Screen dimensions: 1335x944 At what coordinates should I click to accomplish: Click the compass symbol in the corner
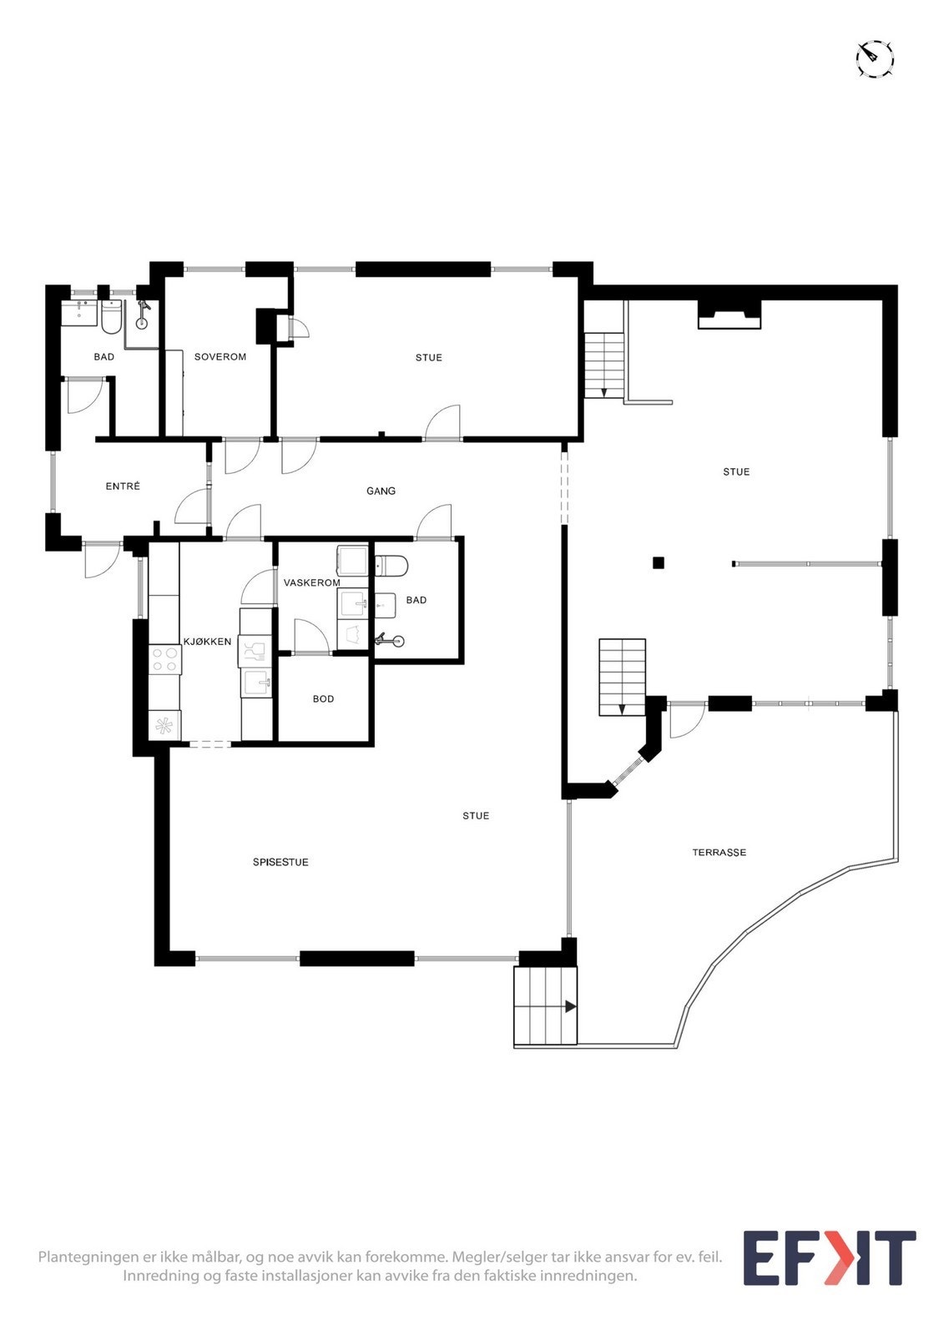pos(875,59)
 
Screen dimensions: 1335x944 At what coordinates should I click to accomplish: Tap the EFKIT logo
pos(829,1257)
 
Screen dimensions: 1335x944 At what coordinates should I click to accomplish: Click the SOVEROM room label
pos(220,357)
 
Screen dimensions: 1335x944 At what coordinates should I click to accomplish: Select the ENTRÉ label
pos(123,486)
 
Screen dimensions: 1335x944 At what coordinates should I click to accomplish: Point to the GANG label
pos(381,491)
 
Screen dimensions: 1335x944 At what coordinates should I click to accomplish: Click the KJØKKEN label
pos(207,642)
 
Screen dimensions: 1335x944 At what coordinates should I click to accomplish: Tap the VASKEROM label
pos(311,582)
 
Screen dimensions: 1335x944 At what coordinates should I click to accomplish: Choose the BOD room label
pos(323,699)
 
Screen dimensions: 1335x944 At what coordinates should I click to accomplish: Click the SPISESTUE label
pos(280,862)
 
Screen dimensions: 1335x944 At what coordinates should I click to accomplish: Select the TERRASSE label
pos(719,852)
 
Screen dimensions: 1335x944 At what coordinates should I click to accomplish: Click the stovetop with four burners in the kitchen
pos(164,659)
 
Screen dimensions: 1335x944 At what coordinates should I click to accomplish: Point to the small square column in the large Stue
pos(659,563)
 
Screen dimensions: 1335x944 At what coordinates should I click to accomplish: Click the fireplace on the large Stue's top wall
pos(729,316)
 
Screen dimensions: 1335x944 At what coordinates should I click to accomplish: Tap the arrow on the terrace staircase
pos(570,1006)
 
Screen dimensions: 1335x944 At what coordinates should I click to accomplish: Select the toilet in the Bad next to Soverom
pos(112,317)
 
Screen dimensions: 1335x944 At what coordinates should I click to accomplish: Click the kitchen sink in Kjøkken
pos(258,683)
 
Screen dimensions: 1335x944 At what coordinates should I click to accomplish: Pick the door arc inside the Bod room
pos(310,636)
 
